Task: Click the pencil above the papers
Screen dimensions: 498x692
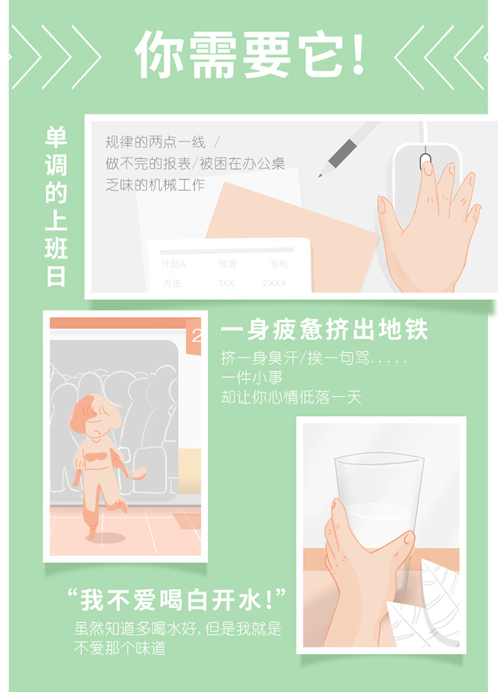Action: [x=348, y=148]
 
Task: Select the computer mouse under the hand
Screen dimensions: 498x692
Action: [x=425, y=185]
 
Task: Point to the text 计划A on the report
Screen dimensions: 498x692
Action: [x=173, y=265]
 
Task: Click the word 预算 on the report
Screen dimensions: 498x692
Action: [x=227, y=265]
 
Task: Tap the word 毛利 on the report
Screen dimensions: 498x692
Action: [x=278, y=265]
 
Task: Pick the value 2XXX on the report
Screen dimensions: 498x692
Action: [x=274, y=283]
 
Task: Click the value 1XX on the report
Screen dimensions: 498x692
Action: [x=226, y=283]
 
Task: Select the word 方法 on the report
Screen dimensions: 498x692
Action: [x=172, y=283]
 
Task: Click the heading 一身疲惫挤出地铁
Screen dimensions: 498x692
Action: [x=324, y=330]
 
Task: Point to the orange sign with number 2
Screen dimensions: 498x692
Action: [x=193, y=337]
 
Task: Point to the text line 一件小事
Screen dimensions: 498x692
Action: [x=252, y=378]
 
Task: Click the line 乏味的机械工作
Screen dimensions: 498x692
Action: [x=155, y=185]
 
